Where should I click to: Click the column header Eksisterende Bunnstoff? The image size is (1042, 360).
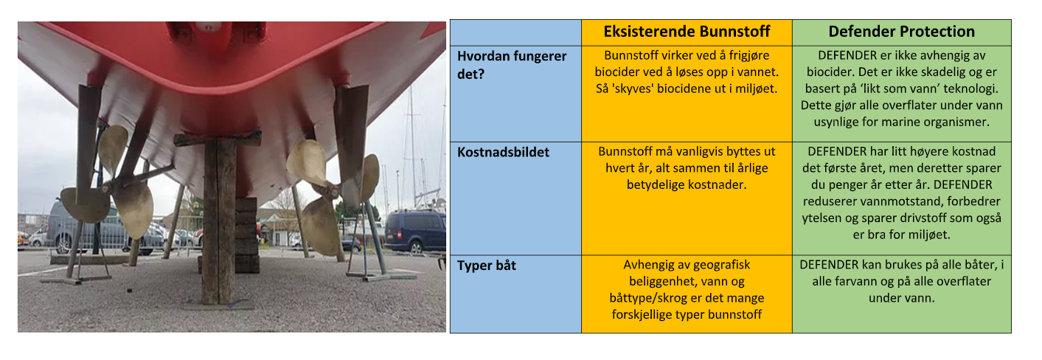(687, 32)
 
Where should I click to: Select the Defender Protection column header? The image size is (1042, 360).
(901, 32)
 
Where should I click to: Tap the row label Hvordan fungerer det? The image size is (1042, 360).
(512, 65)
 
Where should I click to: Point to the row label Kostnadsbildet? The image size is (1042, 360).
(504, 152)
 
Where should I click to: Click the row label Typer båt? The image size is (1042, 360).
(487, 266)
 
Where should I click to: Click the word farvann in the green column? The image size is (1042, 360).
(848, 281)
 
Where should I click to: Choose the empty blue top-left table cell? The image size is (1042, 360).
(515, 32)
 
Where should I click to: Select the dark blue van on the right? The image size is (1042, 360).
(415, 231)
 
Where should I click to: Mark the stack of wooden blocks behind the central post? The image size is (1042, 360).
(246, 235)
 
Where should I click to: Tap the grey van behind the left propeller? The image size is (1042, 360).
(86, 228)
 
